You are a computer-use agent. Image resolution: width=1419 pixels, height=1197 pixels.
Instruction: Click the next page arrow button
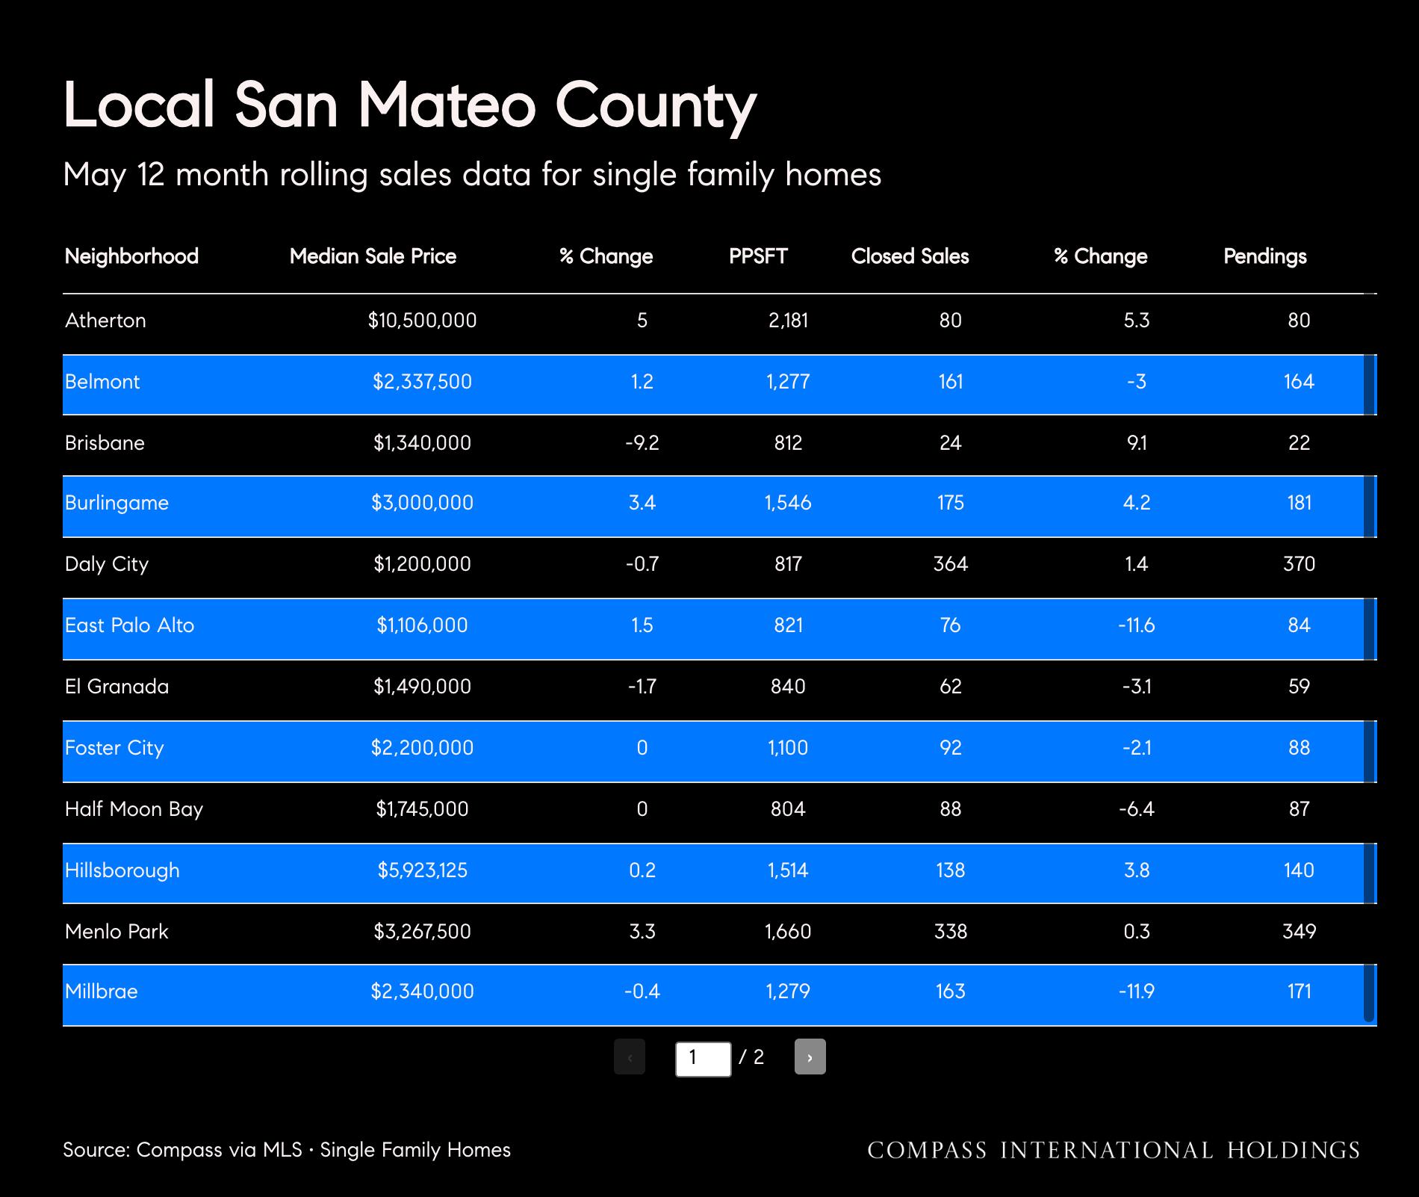click(810, 1057)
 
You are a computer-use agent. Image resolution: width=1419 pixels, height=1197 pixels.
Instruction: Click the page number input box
click(703, 1059)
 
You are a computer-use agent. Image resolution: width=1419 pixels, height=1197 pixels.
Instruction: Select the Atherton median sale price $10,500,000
click(422, 321)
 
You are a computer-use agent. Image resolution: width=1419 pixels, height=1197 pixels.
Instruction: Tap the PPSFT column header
click(758, 256)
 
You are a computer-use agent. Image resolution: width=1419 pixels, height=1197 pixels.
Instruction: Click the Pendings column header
click(1264, 256)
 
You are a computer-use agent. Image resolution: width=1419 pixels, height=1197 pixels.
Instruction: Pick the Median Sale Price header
click(373, 256)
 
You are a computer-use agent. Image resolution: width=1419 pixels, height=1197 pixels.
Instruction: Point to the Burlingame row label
click(117, 503)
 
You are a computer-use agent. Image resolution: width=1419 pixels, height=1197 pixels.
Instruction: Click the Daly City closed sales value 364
click(950, 564)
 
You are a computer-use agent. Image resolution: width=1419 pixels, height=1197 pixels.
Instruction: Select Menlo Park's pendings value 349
click(1299, 932)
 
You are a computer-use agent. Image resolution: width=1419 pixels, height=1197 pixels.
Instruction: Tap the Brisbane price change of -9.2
click(642, 443)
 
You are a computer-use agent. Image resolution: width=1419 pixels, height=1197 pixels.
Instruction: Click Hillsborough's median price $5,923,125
click(422, 870)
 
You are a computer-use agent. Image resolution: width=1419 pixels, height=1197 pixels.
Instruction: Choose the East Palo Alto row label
click(129, 625)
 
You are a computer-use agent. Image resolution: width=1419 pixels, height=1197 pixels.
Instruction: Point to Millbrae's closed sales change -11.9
click(1136, 992)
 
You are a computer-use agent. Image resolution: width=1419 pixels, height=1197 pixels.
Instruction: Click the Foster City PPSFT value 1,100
click(788, 748)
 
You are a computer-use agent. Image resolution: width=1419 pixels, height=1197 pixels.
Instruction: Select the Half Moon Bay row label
click(134, 809)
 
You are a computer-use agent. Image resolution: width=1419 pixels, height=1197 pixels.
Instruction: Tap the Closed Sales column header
click(910, 256)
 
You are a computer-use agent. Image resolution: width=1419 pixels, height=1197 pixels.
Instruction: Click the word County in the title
click(656, 105)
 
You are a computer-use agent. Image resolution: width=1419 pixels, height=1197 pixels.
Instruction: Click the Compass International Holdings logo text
click(1114, 1150)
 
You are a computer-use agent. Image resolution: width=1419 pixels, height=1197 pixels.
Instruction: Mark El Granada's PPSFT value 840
click(788, 687)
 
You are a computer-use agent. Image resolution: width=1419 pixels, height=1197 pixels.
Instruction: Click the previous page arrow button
click(630, 1057)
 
